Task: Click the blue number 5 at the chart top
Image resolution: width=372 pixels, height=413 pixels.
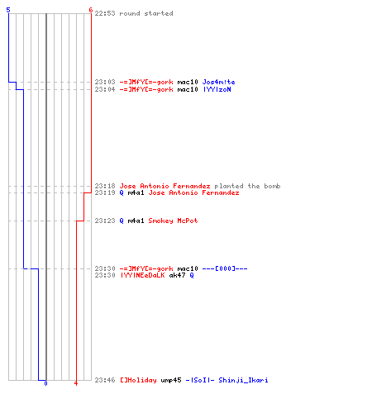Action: (8, 10)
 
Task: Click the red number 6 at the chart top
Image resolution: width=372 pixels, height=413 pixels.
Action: (91, 10)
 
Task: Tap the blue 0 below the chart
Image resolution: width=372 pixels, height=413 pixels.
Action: (45, 383)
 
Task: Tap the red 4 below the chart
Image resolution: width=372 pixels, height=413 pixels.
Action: (76, 383)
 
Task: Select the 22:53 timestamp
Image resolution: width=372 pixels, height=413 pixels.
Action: (105, 13)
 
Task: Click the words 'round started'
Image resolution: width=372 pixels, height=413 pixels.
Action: (146, 13)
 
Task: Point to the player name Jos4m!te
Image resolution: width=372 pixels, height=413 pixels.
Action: (218, 82)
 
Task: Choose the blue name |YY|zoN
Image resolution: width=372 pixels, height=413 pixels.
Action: (217, 89)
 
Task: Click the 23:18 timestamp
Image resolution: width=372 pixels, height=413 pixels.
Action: (105, 186)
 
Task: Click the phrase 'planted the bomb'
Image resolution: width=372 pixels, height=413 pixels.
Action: (247, 186)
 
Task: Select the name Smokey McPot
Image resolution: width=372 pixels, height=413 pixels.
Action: (173, 221)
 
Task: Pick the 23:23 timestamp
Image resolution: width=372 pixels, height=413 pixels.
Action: (105, 221)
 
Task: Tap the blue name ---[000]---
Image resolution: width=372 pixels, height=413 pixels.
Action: (225, 268)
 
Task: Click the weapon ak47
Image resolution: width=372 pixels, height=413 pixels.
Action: (177, 275)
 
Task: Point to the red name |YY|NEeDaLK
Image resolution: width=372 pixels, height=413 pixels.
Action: (142, 275)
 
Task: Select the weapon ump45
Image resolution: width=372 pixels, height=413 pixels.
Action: (171, 380)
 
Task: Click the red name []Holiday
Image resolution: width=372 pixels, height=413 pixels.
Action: (138, 380)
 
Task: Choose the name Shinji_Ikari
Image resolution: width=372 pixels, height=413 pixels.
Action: (243, 380)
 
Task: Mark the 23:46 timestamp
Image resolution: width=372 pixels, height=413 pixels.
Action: (105, 380)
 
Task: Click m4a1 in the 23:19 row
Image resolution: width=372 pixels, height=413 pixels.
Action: (136, 192)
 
